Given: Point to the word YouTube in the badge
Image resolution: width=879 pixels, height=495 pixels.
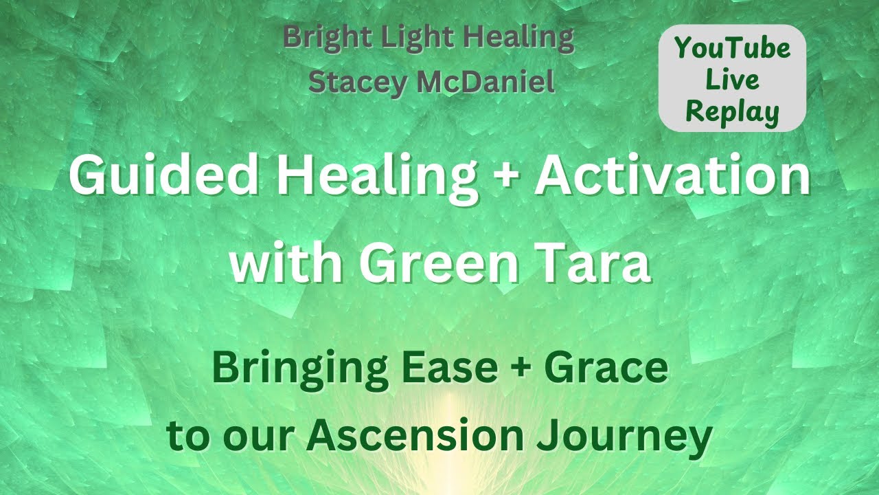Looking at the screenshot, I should point(732,48).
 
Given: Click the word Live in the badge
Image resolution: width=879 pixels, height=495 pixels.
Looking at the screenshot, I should point(732,80).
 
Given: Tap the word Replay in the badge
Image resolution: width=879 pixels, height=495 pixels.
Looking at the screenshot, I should point(732,111).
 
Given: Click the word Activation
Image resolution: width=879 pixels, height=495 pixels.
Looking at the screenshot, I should point(673,177).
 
